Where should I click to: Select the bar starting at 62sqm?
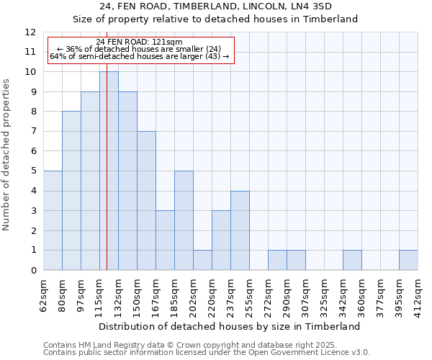(x=53, y=220)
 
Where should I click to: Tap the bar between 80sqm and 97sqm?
(x=71, y=191)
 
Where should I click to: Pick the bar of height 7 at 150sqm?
(x=146, y=201)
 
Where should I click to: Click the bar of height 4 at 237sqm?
(x=240, y=230)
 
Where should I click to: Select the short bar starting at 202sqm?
(x=202, y=260)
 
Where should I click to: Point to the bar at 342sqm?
(x=352, y=260)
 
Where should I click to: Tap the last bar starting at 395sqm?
(x=408, y=260)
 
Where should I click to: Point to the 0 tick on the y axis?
(x=33, y=271)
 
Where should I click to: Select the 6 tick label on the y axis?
(x=33, y=151)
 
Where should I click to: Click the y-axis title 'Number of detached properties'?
(x=6, y=155)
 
